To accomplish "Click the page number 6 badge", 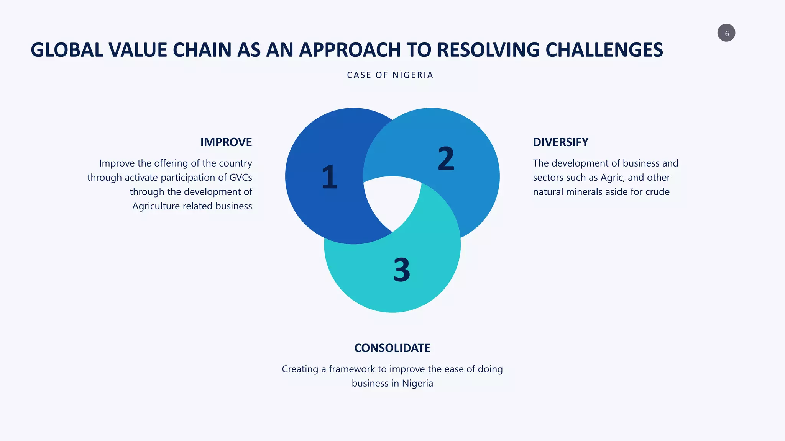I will tap(726, 33).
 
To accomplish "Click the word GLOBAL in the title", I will tap(67, 50).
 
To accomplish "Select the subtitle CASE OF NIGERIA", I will tap(390, 75).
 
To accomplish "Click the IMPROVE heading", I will tap(226, 142).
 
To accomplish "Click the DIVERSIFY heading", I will tap(560, 142).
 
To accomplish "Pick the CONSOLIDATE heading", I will tap(392, 348).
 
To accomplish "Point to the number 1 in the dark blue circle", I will tap(329, 177).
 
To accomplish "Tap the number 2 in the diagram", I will tap(446, 159).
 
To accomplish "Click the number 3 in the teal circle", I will tap(401, 270).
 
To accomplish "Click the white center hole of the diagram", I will tap(392, 201).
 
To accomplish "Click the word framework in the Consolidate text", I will tap(352, 369).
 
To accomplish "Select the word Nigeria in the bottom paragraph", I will tap(417, 383).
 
